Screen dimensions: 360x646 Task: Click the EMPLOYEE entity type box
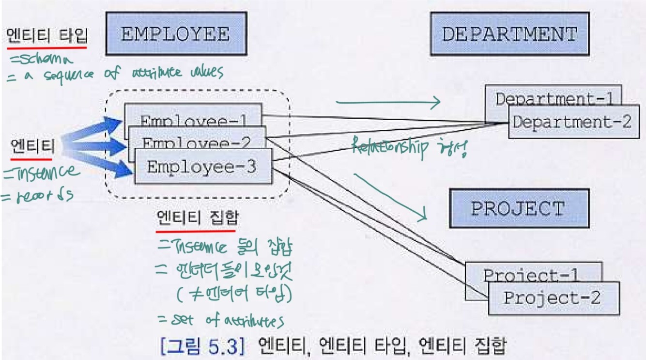point(176,34)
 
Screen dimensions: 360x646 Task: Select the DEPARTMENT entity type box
point(509,34)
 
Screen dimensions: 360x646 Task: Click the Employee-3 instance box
point(203,168)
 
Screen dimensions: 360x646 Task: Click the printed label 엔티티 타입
point(46,36)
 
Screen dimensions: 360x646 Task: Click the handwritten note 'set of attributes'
point(221,320)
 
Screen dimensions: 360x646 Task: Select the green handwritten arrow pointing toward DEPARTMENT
point(387,102)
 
